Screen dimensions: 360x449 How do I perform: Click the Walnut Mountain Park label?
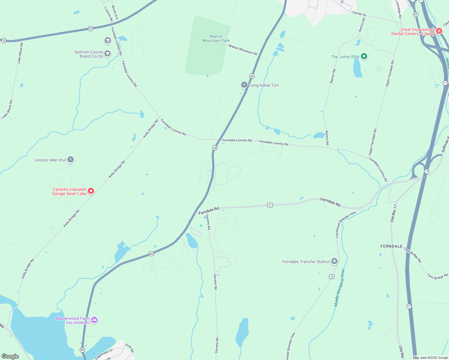pos(216,38)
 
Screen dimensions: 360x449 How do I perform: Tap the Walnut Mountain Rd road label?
pos(243,50)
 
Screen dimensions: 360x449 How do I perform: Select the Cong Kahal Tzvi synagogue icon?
pos(244,85)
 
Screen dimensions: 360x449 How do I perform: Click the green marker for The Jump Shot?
pos(364,56)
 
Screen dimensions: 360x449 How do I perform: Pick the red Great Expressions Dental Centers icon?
pos(439,31)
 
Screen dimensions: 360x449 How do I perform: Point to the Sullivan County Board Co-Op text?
pos(89,54)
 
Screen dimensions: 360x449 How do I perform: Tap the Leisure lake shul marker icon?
pos(71,159)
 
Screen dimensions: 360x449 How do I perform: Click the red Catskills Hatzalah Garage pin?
pos(91,191)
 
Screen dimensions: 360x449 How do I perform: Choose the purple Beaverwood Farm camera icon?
pos(94,320)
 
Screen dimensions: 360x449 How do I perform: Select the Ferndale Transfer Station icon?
pos(334,261)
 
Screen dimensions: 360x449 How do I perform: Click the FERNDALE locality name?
pos(391,246)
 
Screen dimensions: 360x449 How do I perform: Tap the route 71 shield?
pos(270,205)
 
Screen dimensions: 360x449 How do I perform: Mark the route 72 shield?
pos(332,277)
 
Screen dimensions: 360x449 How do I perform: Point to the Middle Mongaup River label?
pos(339,288)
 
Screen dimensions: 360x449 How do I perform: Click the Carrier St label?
pos(359,13)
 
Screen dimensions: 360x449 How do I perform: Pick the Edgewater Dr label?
pos(104,354)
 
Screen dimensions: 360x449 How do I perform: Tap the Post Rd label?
pos(130,348)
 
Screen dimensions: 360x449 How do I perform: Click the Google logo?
pos(10,356)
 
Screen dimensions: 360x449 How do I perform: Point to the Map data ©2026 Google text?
pos(430,358)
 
